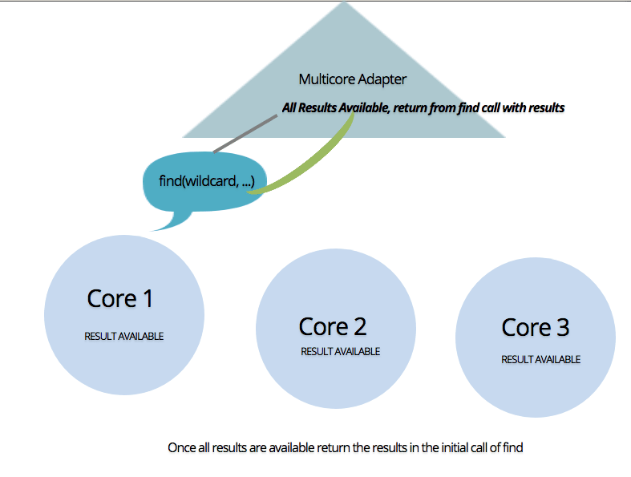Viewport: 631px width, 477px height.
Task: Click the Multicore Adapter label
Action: click(353, 79)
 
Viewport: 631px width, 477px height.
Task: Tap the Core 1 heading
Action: click(120, 299)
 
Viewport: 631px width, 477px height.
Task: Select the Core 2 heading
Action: click(333, 326)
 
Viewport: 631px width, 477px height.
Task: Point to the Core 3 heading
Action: click(536, 327)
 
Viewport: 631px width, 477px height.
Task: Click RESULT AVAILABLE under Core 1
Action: click(124, 336)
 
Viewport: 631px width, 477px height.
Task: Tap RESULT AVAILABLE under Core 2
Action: click(341, 351)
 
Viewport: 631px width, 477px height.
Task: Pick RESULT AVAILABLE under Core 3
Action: click(541, 359)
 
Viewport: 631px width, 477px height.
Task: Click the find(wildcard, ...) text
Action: click(207, 181)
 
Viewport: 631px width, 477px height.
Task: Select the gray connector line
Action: click(245, 134)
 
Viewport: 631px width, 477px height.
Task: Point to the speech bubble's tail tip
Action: click(151, 231)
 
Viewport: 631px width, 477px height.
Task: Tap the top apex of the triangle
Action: click(344, 2)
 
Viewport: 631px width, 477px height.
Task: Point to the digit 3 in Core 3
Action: click(563, 327)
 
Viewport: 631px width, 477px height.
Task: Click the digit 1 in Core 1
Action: click(148, 299)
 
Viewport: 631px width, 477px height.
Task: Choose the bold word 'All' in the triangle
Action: click(289, 108)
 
